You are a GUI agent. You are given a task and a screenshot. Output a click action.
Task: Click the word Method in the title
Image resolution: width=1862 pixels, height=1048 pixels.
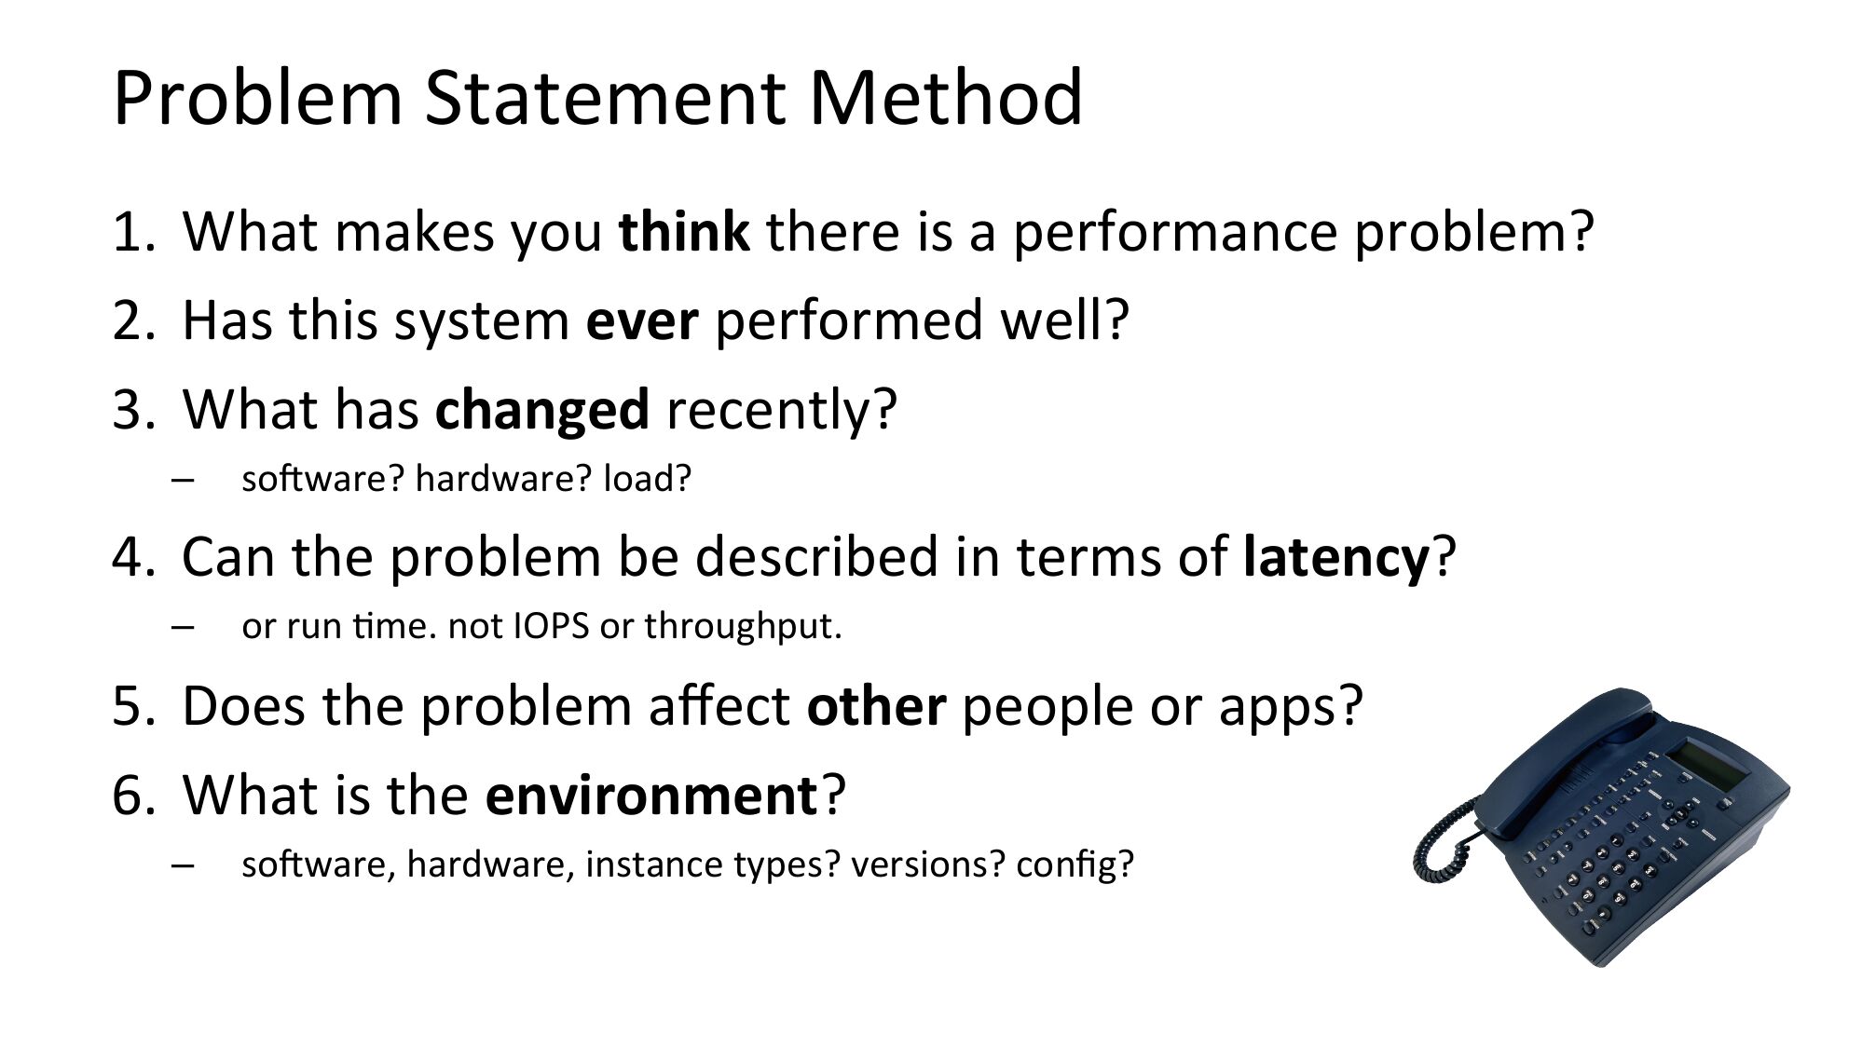pyautogui.click(x=945, y=97)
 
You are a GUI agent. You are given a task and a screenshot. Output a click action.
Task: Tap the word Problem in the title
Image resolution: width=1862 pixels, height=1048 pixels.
pyautogui.click(x=257, y=97)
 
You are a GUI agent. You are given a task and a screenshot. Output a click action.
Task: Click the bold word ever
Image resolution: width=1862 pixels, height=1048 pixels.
pyautogui.click(x=641, y=320)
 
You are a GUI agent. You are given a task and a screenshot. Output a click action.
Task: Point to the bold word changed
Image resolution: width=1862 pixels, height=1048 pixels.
pyautogui.click(x=541, y=411)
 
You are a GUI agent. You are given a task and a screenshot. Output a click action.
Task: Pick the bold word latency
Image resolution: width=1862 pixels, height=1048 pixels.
pyautogui.click(x=1336, y=558)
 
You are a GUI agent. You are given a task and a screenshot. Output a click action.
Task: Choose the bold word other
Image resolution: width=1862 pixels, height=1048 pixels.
pyautogui.click(x=876, y=705)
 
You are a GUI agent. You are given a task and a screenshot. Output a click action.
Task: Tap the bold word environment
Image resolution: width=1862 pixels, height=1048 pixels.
pyautogui.click(x=651, y=795)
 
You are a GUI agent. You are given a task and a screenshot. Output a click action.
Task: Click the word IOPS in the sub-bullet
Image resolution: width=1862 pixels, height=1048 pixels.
pyautogui.click(x=552, y=626)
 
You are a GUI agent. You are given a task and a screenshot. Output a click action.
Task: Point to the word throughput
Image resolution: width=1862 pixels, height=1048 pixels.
pyautogui.click(x=743, y=627)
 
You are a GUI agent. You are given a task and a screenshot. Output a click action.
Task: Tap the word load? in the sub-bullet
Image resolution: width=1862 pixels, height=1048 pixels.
pyautogui.click(x=648, y=479)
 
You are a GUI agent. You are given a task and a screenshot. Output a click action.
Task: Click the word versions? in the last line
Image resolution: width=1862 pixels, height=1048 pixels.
pyautogui.click(x=928, y=865)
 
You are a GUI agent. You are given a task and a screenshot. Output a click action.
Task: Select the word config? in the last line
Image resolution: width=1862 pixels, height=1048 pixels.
pyautogui.click(x=1075, y=865)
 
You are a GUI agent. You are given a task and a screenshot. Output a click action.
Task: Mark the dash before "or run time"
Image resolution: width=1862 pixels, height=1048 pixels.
pyautogui.click(x=183, y=627)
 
